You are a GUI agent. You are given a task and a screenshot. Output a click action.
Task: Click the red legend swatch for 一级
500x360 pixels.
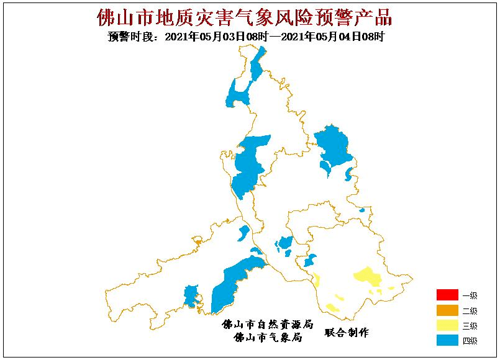(x=447, y=295)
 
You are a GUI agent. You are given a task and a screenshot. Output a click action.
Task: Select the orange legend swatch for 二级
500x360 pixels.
(x=447, y=310)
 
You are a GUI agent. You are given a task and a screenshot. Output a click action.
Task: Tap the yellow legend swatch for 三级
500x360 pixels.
(x=447, y=325)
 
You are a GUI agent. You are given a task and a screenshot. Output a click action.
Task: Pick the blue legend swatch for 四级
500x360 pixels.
(x=447, y=340)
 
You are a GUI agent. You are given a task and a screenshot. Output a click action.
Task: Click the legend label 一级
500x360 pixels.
(x=470, y=295)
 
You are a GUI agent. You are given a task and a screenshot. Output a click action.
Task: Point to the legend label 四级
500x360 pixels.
(x=470, y=341)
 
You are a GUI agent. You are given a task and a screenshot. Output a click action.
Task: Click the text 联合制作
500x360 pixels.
(x=347, y=333)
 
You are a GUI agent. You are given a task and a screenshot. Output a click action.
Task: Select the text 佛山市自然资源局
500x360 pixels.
(x=267, y=325)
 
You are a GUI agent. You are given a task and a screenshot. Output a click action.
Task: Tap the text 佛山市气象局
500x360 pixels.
(x=267, y=338)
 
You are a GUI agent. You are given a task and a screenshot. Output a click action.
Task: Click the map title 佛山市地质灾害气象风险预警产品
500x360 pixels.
(x=245, y=17)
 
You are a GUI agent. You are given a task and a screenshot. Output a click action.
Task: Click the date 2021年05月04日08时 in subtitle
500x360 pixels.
(x=333, y=37)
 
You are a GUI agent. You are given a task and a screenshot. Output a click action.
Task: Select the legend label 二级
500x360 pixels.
(x=470, y=311)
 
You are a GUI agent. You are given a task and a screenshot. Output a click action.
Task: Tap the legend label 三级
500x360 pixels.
(x=470, y=326)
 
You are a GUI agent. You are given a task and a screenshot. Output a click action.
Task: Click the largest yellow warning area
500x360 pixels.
(x=369, y=277)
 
